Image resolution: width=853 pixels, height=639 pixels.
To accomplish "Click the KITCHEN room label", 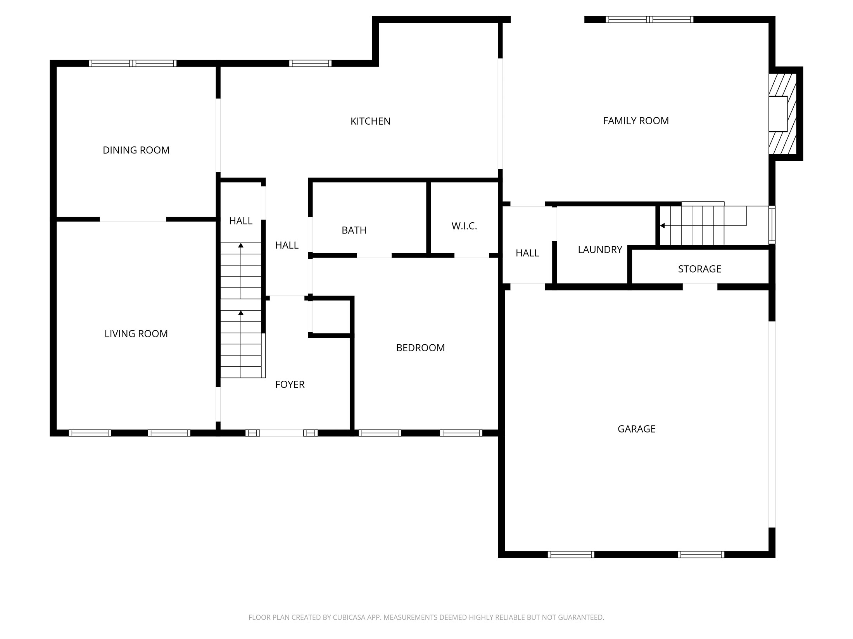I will tap(370, 121).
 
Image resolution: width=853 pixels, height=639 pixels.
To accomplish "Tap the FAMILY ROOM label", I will tap(635, 121).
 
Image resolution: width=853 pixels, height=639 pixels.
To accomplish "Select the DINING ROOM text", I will tap(136, 150).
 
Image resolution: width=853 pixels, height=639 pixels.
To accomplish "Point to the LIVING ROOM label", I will tap(136, 334).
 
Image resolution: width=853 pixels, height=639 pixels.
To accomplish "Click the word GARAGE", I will tap(636, 429).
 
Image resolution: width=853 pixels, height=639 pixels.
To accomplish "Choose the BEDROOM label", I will tap(420, 348).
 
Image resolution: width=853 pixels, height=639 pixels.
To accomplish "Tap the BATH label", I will tap(354, 230).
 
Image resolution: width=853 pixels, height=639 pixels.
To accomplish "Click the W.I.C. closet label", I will tap(464, 226).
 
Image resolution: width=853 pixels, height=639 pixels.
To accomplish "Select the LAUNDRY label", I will tap(600, 250).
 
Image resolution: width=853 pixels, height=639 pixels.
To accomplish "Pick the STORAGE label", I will tap(699, 269).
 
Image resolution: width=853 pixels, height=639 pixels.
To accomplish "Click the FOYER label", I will tap(290, 385).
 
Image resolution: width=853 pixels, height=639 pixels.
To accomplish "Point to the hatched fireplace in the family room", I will tap(782, 114).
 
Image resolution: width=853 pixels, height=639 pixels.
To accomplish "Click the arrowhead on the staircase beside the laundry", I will tap(662, 226).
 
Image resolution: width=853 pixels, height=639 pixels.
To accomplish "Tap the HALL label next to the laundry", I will tap(527, 253).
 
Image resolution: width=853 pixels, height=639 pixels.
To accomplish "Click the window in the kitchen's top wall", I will tap(310, 63).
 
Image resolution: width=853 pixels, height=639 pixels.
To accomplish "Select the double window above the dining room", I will tap(133, 63).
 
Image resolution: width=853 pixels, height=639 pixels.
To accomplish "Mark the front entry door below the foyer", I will tap(281, 433).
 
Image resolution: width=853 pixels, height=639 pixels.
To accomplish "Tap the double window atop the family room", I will tap(649, 19).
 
